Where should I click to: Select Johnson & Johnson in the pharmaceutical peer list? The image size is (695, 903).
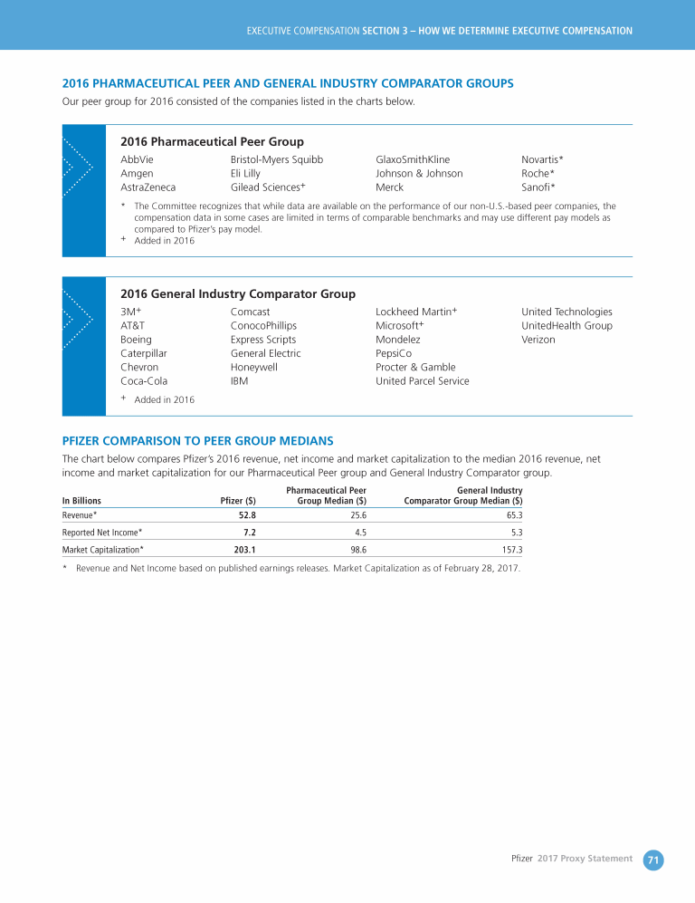[x=419, y=173]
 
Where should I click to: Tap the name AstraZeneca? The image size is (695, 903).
[x=148, y=187]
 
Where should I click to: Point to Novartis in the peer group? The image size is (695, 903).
[x=541, y=159]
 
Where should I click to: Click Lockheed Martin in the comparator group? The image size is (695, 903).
[x=414, y=312]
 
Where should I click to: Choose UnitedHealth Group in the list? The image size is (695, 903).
[x=566, y=325]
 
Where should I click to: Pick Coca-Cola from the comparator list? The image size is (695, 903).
[x=144, y=381]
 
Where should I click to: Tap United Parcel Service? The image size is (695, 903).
[x=423, y=381]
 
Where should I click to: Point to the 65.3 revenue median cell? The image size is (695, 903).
[x=513, y=514]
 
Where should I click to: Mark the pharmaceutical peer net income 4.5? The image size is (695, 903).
[x=359, y=532]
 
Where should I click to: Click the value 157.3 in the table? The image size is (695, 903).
[x=511, y=549]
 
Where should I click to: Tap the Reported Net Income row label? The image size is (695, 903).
[x=101, y=532]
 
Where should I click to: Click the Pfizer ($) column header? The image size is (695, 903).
[x=238, y=500]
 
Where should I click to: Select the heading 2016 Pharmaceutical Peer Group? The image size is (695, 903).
[x=212, y=141]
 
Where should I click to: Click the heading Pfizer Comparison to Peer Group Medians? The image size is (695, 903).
[x=197, y=441]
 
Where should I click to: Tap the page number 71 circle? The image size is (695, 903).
[x=653, y=859]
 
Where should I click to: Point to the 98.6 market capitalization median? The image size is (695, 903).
[x=357, y=549]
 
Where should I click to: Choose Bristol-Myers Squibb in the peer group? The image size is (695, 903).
[x=277, y=159]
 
